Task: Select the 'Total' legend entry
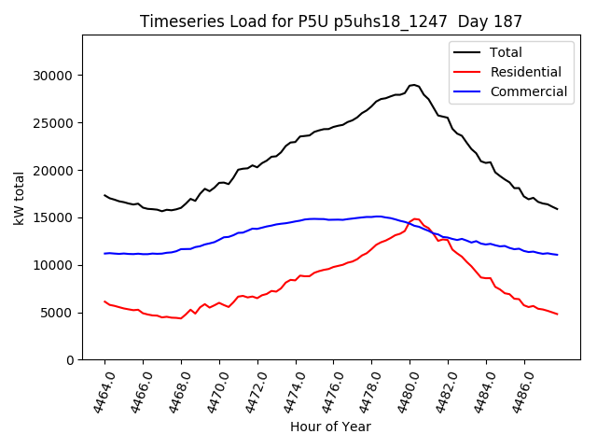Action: [505, 52]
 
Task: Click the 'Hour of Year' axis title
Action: [330, 427]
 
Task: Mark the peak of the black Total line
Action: [413, 85]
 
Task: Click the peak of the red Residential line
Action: [416, 218]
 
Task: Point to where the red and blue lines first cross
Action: [408, 224]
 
